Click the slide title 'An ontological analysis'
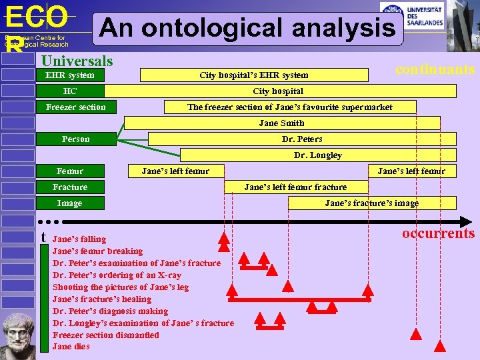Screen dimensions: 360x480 pos(248,29)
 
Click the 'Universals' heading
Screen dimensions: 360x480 pos(77,61)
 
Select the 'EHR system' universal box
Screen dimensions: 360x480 pos(70,75)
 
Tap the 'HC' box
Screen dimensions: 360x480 pos(70,91)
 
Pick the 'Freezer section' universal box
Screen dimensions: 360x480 pos(75,107)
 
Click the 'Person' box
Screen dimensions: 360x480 pos(75,139)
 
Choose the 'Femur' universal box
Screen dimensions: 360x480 pos(70,171)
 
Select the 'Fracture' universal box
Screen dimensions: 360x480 pos(70,187)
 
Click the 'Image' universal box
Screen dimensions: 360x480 pos(70,203)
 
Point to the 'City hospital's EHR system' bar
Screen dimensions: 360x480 pos(254,75)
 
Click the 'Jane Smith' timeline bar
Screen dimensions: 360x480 pos(282,123)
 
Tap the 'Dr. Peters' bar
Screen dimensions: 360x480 pos(302,139)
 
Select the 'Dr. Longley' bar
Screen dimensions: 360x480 pos(318,155)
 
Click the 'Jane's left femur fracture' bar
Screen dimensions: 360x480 pos(296,187)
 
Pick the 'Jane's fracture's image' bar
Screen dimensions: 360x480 pos(372,203)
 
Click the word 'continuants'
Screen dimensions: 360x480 pos(435,69)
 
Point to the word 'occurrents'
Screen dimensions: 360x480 pos(438,233)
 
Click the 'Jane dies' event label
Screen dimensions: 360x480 pos(71,347)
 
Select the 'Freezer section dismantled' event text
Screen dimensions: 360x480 pos(105,335)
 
